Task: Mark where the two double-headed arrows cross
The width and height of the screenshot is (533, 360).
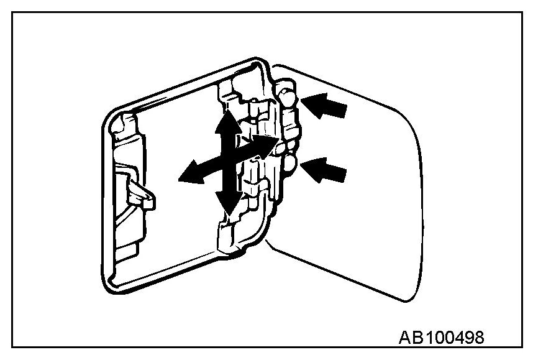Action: coord(228,160)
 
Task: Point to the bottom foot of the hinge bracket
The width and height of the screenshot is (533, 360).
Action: coord(227,242)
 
